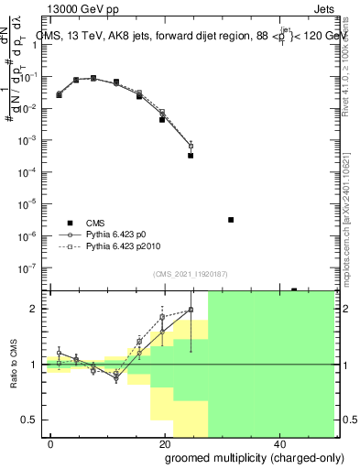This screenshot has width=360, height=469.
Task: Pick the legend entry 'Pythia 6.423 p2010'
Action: (x=128, y=247)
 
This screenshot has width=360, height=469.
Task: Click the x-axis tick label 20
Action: (x=164, y=442)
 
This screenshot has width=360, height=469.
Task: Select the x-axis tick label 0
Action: (x=50, y=442)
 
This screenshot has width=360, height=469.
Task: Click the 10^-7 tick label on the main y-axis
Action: (x=32, y=267)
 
